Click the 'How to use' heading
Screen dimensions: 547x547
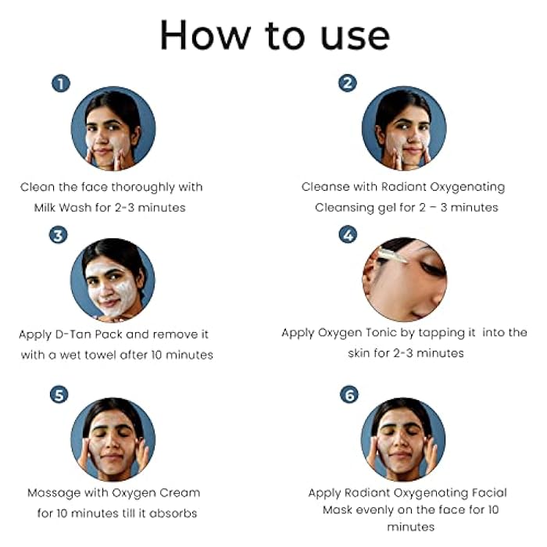(273, 35)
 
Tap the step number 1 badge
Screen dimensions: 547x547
(61, 83)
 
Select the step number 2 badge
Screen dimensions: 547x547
(348, 83)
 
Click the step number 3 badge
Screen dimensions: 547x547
(59, 234)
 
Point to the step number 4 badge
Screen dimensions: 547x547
(349, 234)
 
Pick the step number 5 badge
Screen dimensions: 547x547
(59, 395)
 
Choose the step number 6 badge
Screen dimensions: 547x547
(349, 395)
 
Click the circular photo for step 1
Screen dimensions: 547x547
(113, 129)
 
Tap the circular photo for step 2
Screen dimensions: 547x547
(404, 129)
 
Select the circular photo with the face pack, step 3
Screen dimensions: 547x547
(113, 280)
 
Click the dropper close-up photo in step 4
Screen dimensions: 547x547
(404, 280)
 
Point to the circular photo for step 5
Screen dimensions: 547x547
(113, 439)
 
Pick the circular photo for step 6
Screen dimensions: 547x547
(404, 439)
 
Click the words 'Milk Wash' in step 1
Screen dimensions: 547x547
(63, 207)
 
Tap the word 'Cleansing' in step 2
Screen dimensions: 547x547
(351, 207)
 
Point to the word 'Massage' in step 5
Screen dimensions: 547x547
(54, 493)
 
